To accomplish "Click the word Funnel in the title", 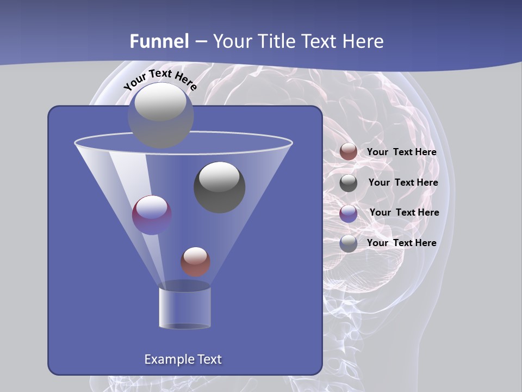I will (159, 41).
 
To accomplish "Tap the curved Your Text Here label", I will (160, 79).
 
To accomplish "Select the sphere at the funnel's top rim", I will (160, 115).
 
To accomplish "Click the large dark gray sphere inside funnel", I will (220, 187).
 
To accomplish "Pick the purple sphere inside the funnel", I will (152, 215).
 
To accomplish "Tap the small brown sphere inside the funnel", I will (196, 261).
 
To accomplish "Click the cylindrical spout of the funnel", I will (185, 307).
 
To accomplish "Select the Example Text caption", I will (183, 359).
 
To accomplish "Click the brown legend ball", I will (349, 152).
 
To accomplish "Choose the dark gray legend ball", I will (349, 183).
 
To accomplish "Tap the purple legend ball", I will (349, 213).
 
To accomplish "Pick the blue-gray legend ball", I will (349, 243).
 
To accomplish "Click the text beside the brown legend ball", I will (401, 152).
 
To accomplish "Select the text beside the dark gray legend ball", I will (403, 182).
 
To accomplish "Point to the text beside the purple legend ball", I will (404, 212).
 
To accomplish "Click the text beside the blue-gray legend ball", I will (401, 243).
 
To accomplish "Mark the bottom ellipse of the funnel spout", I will (185, 326).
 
